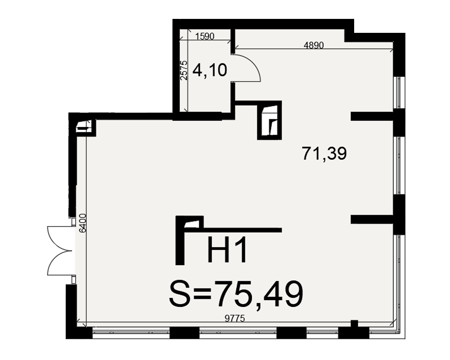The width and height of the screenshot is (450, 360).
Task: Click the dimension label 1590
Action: [x=205, y=36]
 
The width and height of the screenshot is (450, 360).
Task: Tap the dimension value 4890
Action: [x=314, y=45]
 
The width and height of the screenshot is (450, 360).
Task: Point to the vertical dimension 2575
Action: [x=184, y=70]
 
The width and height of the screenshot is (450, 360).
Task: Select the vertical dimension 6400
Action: [x=82, y=223]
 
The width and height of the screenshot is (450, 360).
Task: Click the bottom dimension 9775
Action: [x=235, y=318]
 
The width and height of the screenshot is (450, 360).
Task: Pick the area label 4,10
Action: [x=210, y=70]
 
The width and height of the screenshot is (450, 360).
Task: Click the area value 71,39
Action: [x=324, y=153]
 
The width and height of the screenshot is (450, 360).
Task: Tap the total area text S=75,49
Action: [x=236, y=295]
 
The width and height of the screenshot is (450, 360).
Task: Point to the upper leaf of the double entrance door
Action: [x=59, y=238]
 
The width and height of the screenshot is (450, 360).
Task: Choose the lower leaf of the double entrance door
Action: [x=59, y=264]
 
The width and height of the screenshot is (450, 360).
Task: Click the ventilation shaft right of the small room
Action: [x=269, y=120]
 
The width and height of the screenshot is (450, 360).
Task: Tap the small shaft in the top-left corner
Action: [x=85, y=126]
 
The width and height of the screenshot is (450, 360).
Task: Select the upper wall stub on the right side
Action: [x=372, y=116]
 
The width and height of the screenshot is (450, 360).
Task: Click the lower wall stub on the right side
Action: [x=372, y=219]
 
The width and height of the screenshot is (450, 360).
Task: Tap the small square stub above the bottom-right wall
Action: [x=355, y=323]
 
